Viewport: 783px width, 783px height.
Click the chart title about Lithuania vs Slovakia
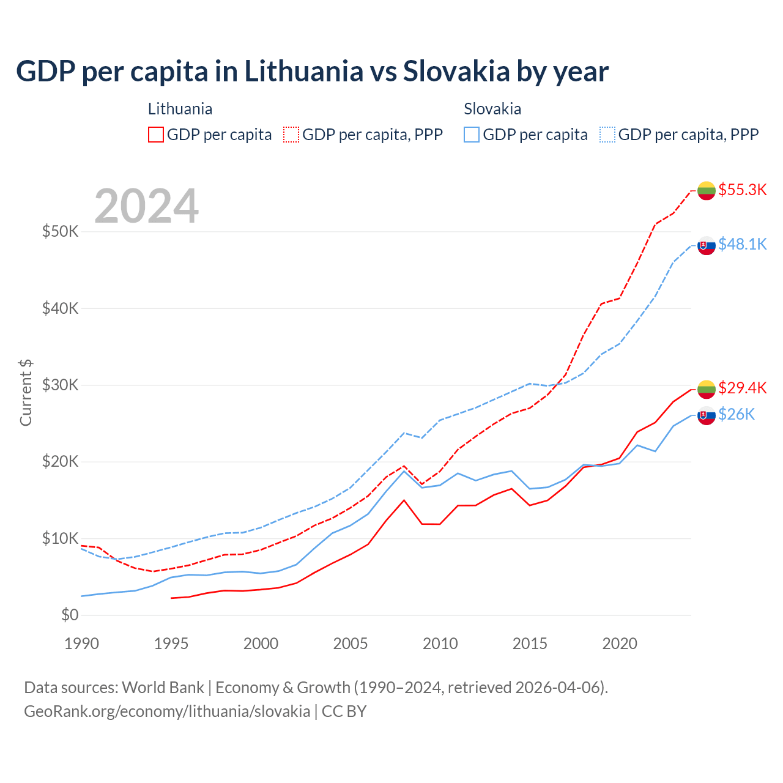(x=312, y=72)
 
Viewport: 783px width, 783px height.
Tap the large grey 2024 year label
(x=147, y=206)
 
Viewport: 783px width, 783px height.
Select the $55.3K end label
(x=742, y=190)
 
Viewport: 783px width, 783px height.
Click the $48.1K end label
(x=742, y=244)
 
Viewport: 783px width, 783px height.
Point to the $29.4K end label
(x=742, y=388)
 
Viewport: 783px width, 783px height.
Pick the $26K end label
(x=736, y=415)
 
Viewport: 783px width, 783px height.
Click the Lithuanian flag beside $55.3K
(x=707, y=191)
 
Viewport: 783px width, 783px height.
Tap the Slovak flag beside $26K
(x=707, y=415)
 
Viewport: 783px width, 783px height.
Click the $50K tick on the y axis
(x=60, y=232)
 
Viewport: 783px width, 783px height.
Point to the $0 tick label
(x=70, y=615)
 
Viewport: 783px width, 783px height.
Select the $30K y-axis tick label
(x=60, y=385)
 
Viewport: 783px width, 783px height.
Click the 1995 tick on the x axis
(x=171, y=644)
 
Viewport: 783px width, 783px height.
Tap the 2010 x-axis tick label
(x=440, y=644)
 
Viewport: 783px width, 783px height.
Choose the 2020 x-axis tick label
(x=620, y=644)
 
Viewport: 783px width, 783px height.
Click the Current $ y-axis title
(x=26, y=393)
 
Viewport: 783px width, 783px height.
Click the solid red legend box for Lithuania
(x=156, y=135)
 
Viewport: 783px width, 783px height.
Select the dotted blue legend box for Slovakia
(x=607, y=135)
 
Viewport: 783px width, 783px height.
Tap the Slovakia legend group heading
(x=492, y=109)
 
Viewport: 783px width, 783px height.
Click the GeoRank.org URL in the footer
(x=167, y=711)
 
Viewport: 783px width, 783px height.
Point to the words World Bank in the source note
(x=163, y=688)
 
